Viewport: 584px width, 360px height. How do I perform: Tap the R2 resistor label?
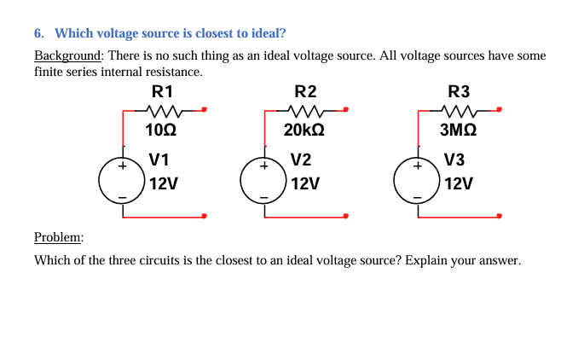[304, 90]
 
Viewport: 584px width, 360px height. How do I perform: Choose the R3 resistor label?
[459, 90]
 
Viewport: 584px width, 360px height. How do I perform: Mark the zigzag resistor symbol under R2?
[304, 110]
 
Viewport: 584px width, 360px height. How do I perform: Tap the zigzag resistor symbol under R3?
[459, 110]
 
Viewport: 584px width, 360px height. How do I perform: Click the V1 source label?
[159, 159]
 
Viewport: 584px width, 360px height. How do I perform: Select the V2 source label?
[300, 159]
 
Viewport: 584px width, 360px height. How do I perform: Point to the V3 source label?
[454, 159]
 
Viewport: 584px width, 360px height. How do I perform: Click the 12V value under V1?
[162, 183]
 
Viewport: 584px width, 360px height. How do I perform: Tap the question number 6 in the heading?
[38, 34]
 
